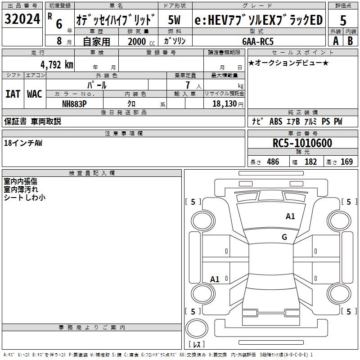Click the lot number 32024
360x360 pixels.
[x=22, y=19]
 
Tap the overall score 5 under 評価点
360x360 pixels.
[x=343, y=21]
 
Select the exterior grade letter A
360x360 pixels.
[x=335, y=40]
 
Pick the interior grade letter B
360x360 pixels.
[x=351, y=40]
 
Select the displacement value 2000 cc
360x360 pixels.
[x=137, y=41]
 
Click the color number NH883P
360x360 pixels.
[x=74, y=103]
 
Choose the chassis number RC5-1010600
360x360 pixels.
[x=302, y=143]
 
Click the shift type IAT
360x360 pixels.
[x=13, y=94]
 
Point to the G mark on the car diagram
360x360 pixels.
[x=284, y=237]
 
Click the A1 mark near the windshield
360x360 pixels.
[x=290, y=216]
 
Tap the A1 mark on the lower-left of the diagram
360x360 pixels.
[x=215, y=279]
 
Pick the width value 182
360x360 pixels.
[x=311, y=162]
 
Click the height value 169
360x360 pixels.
[x=346, y=162]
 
